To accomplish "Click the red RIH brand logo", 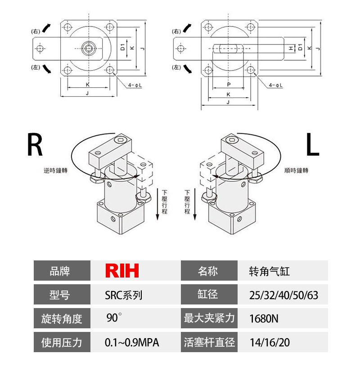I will [122, 271].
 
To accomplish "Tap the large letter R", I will [34, 145].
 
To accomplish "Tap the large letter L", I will [312, 145].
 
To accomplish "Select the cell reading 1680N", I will [264, 319].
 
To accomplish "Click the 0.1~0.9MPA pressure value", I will [132, 343].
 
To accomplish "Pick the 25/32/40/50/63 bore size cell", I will [283, 295].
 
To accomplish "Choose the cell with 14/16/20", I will [270, 343].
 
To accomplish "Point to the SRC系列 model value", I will [123, 295].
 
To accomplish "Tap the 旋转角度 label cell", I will [62, 319].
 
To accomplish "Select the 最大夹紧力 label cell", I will [209, 319].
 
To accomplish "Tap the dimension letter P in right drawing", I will [229, 84].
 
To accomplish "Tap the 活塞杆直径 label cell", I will [209, 343].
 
